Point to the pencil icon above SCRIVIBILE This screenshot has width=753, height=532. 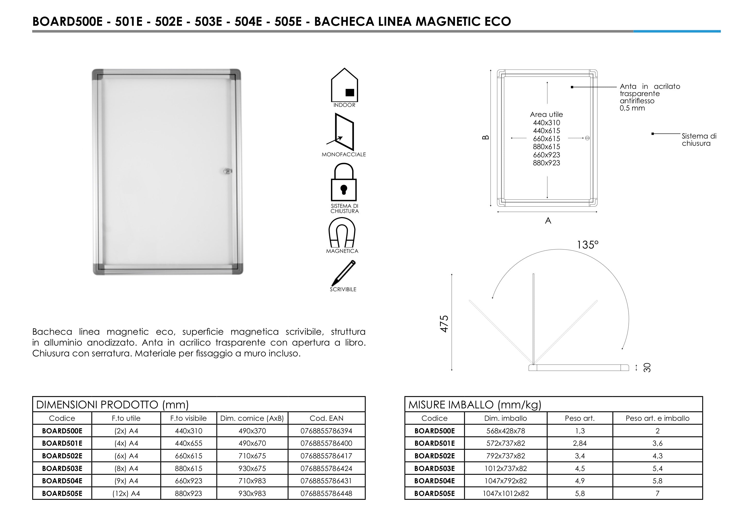[343, 273]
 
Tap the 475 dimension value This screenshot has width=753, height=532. [444, 324]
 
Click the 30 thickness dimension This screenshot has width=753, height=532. [647, 367]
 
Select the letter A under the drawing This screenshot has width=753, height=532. [548, 221]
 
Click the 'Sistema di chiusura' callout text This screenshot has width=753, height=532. [699, 140]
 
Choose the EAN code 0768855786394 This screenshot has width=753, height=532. [326, 431]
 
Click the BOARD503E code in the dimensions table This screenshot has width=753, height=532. [62, 468]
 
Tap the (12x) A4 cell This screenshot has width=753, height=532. [126, 493]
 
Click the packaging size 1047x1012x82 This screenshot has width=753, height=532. [505, 493]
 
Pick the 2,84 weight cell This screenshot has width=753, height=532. [580, 443]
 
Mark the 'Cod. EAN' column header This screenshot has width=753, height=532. [326, 418]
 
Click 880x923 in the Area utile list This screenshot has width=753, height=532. [546, 163]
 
